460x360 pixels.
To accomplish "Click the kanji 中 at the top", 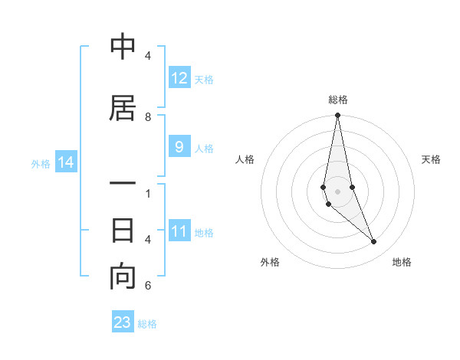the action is click(x=123, y=48).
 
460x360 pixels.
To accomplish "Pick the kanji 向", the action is click(x=123, y=277).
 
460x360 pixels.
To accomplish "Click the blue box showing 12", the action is click(x=179, y=78).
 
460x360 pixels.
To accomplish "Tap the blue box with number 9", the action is click(x=179, y=148).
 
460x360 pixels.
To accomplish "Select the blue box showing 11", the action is click(x=179, y=232).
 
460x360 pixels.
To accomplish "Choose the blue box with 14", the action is click(x=66, y=162).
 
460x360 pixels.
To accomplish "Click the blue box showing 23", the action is click(x=123, y=322).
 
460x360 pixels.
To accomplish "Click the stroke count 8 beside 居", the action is click(x=148, y=117).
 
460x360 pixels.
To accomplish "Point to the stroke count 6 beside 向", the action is click(x=148, y=286).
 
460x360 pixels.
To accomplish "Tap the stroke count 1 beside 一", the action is click(x=148, y=193).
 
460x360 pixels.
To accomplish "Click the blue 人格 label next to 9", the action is click(x=204, y=149).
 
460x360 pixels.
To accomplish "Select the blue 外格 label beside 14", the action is click(x=41, y=163).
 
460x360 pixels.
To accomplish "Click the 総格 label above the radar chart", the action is click(x=338, y=100).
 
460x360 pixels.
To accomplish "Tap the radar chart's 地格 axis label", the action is click(x=402, y=263).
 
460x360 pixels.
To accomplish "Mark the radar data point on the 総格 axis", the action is click(x=337, y=116).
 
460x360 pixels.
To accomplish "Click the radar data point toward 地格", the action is click(x=373, y=241).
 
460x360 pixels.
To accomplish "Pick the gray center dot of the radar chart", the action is click(x=337, y=191).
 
